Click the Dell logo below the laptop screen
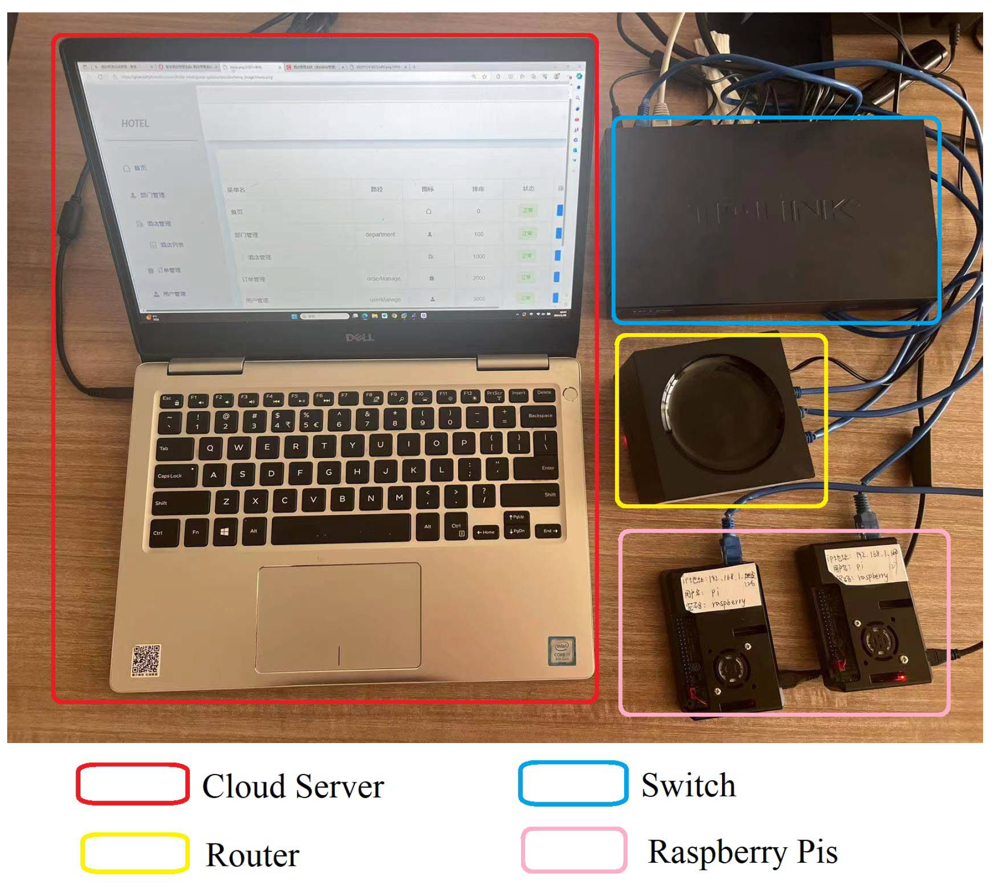tap(360, 338)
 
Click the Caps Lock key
tap(175, 475)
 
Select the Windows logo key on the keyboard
tap(224, 532)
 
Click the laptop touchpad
tap(338, 617)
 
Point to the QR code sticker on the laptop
tap(146, 660)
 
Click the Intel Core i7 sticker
tap(561, 651)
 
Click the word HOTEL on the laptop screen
tap(135, 124)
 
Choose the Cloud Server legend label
tap(293, 786)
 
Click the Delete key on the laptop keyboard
tap(544, 393)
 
